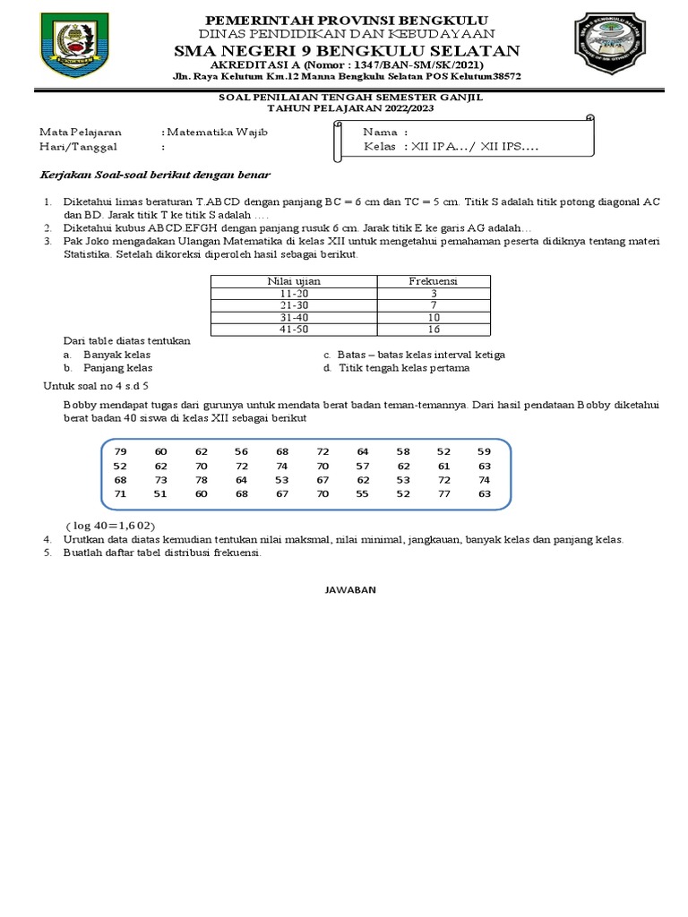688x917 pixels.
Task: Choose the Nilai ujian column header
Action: tap(294, 280)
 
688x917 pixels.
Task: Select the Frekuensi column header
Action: tap(434, 280)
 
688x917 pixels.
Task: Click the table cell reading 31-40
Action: tap(294, 316)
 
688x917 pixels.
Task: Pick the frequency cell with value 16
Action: tap(434, 329)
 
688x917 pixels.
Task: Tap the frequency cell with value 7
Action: tap(434, 304)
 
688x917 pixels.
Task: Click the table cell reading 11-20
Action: tap(294, 293)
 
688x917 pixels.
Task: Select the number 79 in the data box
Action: tap(121, 450)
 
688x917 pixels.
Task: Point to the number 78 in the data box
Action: tap(201, 479)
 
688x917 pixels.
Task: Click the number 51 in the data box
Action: tap(161, 493)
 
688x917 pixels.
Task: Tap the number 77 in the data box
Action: tap(444, 493)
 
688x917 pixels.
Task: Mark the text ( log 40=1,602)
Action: tap(116, 525)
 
